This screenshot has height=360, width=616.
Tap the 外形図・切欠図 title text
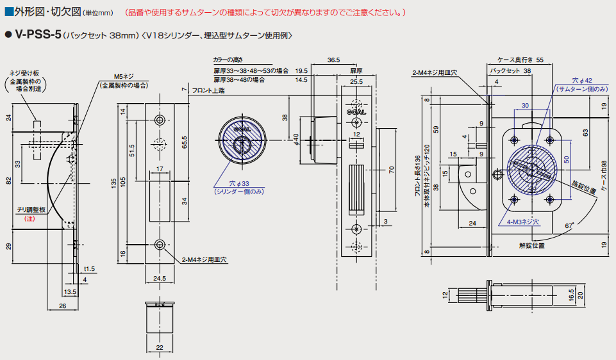point(46,12)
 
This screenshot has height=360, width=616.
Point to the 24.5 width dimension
point(160,279)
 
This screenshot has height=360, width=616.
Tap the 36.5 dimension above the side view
point(333,60)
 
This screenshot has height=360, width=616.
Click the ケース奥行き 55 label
point(520,59)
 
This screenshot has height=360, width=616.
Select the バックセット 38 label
point(510,70)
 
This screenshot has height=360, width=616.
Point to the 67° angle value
point(569,225)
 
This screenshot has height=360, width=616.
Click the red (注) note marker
point(29,219)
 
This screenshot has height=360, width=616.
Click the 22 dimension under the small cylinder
point(160,347)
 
